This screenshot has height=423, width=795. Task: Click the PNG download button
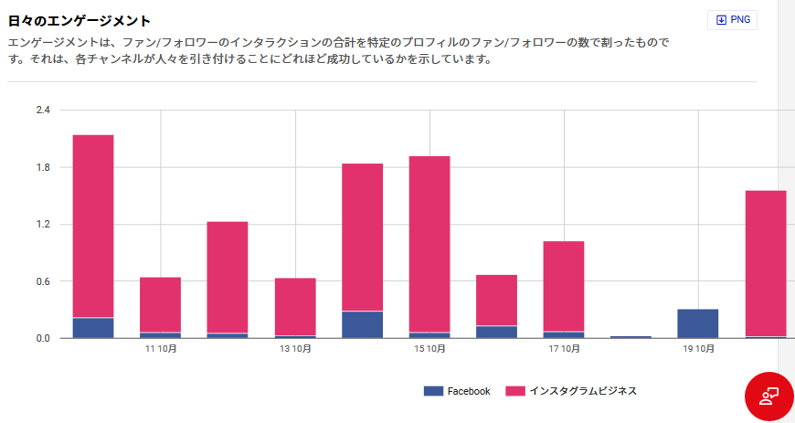(x=732, y=20)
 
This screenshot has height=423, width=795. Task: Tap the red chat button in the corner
(x=768, y=396)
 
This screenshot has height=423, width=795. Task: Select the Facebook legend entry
(x=457, y=391)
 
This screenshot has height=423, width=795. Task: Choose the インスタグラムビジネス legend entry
(x=571, y=391)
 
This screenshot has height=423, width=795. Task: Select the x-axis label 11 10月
(x=160, y=349)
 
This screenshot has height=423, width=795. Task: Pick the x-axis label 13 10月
(x=295, y=349)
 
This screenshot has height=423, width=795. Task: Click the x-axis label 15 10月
(x=429, y=349)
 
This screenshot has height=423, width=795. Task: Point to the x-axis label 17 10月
(x=564, y=349)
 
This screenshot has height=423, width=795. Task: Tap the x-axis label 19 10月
(x=698, y=349)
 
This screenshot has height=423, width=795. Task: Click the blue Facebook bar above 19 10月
(x=698, y=323)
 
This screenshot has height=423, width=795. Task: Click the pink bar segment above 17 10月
(x=564, y=286)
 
